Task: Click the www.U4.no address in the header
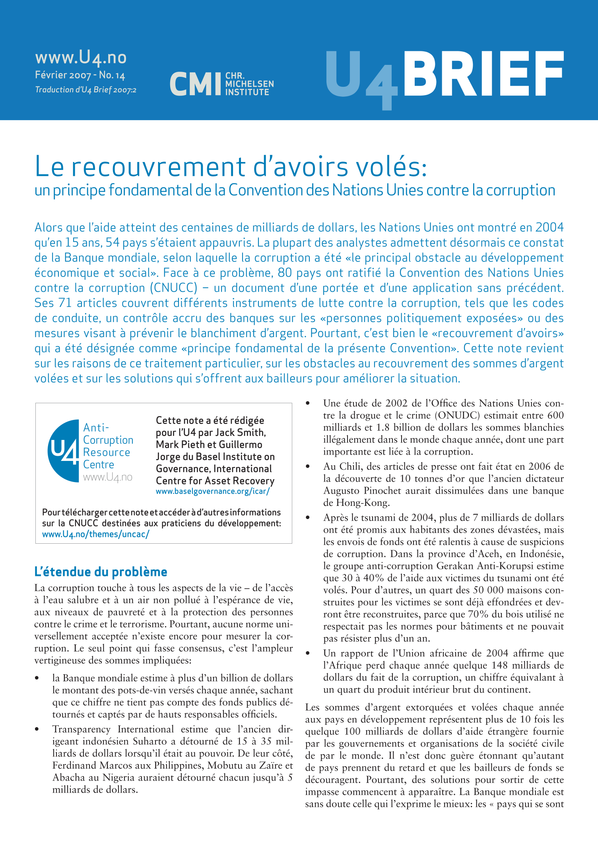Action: coord(81,58)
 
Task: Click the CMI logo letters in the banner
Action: coord(195,84)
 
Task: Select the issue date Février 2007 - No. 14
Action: coord(80,75)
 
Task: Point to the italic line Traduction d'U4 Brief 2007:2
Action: coord(85,90)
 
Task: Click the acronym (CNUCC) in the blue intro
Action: coord(174,288)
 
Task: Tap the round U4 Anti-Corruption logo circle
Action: coord(64,451)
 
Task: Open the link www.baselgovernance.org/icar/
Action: coord(213,491)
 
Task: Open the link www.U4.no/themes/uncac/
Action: coord(96,534)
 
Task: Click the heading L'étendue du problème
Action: coord(101,572)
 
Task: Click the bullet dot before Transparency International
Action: coord(37,730)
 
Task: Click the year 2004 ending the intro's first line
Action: coord(549,227)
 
